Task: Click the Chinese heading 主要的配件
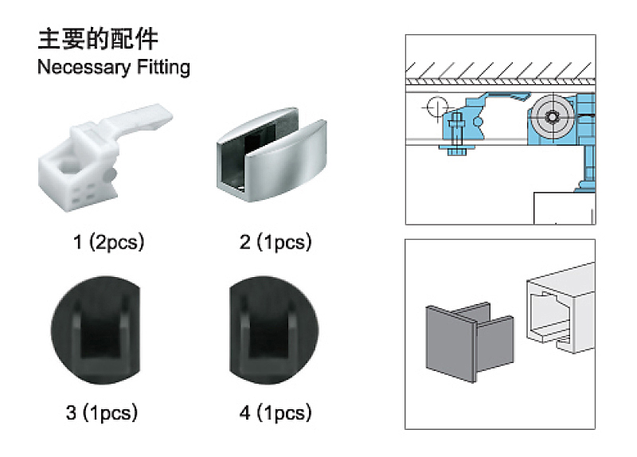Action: pos(98,40)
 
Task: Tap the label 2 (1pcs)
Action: pos(276,242)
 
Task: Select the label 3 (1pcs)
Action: pos(102,412)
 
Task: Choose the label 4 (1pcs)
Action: pos(275,412)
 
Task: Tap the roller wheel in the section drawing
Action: pos(552,116)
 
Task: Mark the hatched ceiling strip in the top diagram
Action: pos(500,67)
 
